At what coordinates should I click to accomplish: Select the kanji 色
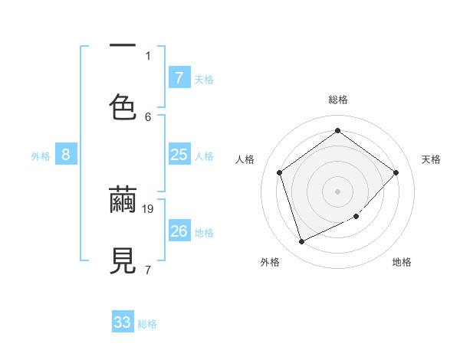[123, 106]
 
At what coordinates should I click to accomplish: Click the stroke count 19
[149, 208]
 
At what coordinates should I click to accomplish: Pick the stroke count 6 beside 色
[148, 116]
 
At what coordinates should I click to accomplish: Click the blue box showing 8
[65, 155]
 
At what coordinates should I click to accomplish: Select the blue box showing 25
[179, 155]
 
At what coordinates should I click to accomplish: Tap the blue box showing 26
[179, 231]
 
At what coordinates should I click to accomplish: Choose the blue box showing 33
[123, 322]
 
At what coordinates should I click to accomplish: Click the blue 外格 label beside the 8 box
[41, 156]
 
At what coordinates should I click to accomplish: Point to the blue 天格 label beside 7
[204, 80]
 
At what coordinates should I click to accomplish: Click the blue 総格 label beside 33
[147, 324]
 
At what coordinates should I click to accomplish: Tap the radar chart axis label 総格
[338, 100]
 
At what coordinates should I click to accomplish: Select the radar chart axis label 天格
[432, 159]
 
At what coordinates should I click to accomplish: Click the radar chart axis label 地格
[402, 262]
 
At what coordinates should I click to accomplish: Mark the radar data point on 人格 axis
[280, 172]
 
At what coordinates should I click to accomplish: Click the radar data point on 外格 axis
[301, 242]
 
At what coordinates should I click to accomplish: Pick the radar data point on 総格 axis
[337, 130]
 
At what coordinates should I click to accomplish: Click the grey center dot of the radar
[337, 191]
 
